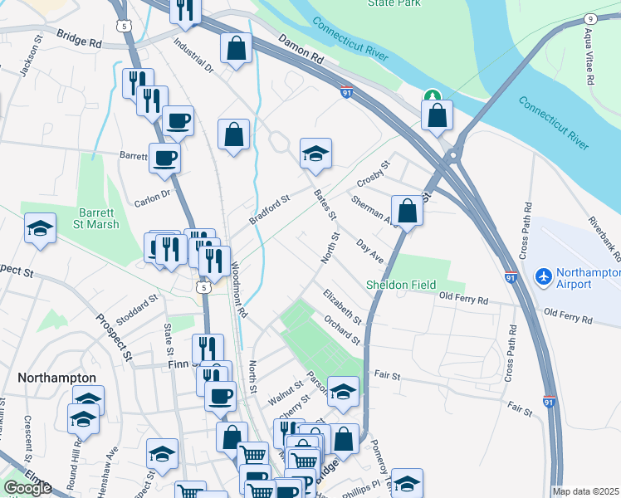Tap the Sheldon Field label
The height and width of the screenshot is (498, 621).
pyautogui.click(x=402, y=285)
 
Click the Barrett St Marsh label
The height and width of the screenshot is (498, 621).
pyautogui.click(x=99, y=218)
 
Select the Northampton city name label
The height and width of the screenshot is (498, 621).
pyautogui.click(x=57, y=377)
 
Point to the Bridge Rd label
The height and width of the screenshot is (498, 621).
pyautogui.click(x=80, y=37)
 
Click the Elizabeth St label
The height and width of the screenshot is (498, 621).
pyautogui.click(x=343, y=307)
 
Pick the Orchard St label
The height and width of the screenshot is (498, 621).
pyautogui.click(x=342, y=329)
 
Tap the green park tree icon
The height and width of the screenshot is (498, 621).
pyautogui.click(x=431, y=97)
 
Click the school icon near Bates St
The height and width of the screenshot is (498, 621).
pyautogui.click(x=315, y=153)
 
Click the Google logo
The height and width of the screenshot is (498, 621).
pyautogui.click(x=27, y=488)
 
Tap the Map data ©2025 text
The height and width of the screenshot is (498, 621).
pyautogui.click(x=585, y=491)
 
